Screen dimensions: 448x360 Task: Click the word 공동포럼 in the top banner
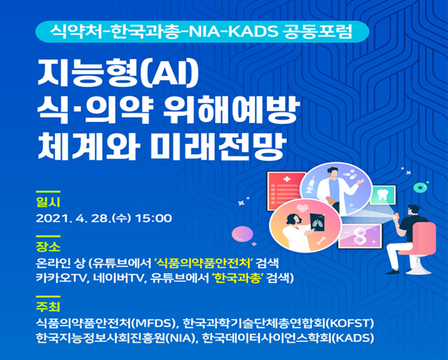[317, 31]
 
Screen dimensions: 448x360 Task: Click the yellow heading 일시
[48, 202]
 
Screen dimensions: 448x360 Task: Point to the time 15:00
[154, 219]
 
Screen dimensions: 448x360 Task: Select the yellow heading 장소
[48, 246]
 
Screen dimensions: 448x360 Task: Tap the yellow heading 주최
[48, 306]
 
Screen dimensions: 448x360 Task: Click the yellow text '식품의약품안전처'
[203, 263]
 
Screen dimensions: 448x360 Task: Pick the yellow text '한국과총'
[238, 278]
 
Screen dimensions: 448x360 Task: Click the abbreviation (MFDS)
[153, 323]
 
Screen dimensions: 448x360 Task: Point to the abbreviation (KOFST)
[350, 323]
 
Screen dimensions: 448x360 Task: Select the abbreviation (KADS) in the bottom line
[353, 338]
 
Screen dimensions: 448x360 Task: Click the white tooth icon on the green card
[382, 196]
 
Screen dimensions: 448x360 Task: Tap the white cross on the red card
[286, 179]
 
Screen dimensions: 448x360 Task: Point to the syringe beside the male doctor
[311, 185]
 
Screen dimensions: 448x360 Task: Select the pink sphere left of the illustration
[242, 234]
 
